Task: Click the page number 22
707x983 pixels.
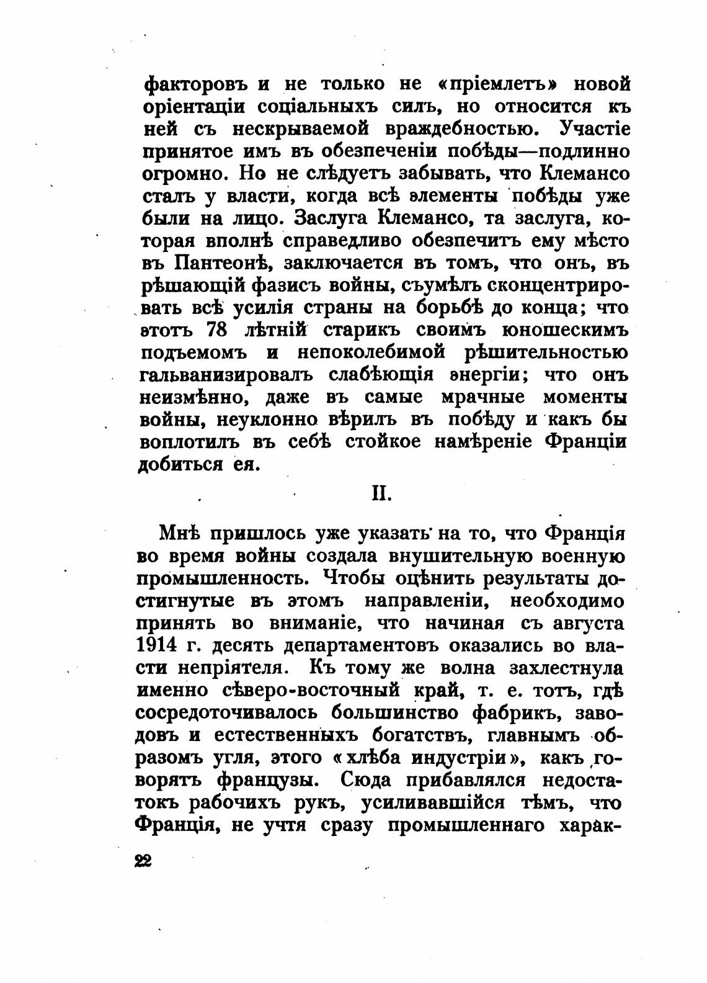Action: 143,862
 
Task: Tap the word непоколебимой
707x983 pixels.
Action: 371,352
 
